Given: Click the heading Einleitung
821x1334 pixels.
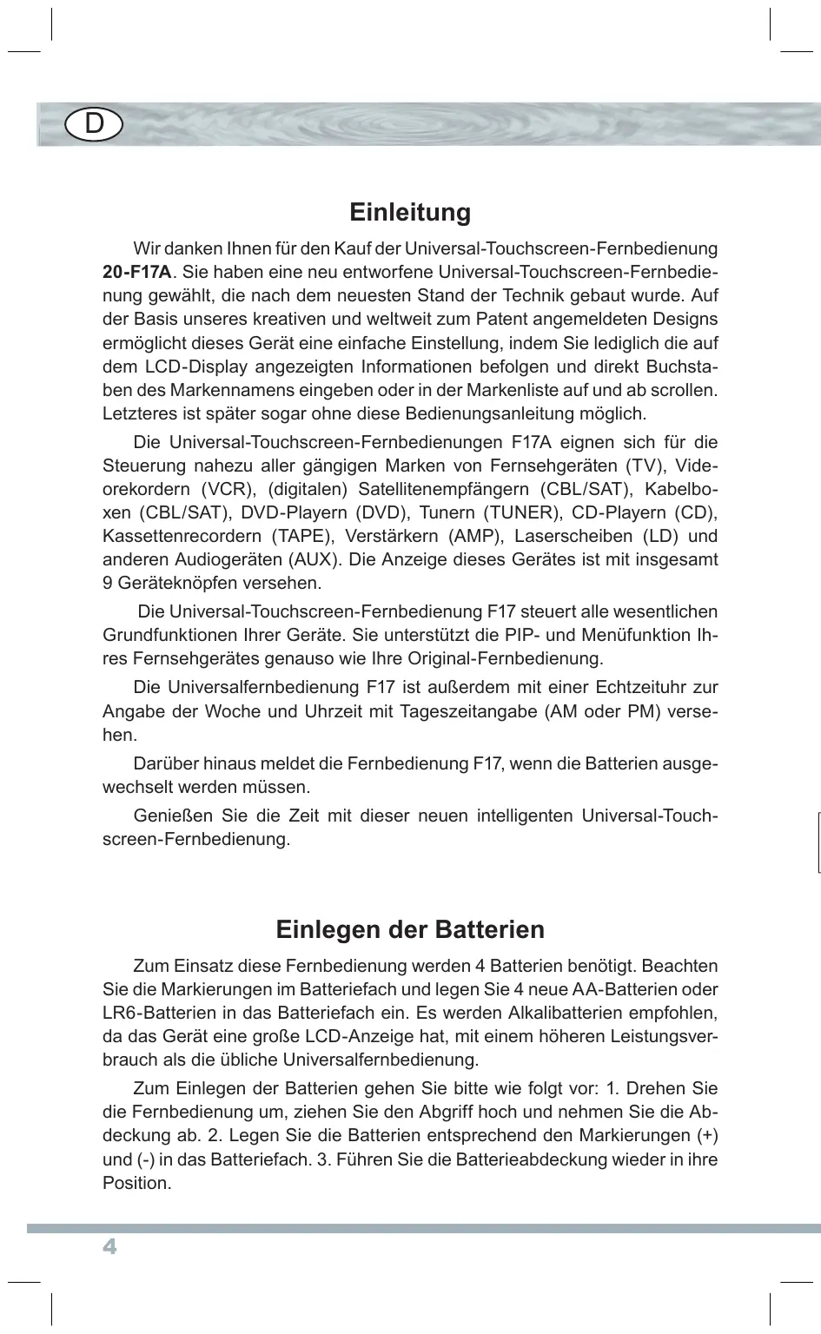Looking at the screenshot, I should tap(410, 213).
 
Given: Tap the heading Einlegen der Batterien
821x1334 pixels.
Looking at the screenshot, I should tap(410, 929).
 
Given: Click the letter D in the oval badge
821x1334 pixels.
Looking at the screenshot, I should tap(94, 125).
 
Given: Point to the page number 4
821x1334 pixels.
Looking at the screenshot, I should tap(109, 1247).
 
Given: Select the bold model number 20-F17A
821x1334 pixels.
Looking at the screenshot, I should tap(136, 273).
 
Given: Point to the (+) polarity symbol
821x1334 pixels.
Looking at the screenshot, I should tap(707, 1136).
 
